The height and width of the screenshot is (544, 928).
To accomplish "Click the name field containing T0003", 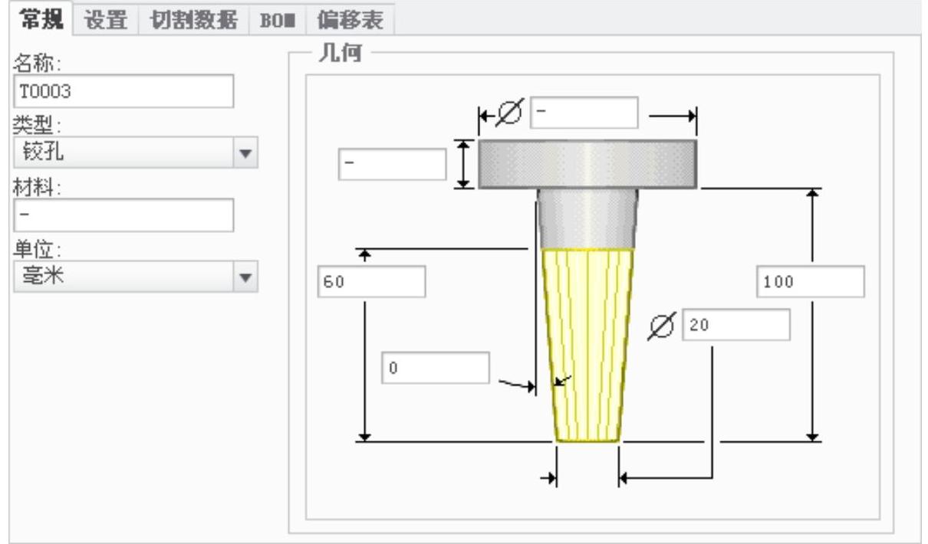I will pyautogui.click(x=123, y=91).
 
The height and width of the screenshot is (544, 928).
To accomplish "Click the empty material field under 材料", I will pyautogui.click(x=123, y=215).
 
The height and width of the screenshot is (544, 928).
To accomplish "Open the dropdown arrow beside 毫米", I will pyautogui.click(x=245, y=277).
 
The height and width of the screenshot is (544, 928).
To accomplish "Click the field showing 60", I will pyautogui.click(x=371, y=281).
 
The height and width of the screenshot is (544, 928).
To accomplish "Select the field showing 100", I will pyautogui.click(x=809, y=281).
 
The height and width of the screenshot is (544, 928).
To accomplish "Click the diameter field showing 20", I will pyautogui.click(x=735, y=325).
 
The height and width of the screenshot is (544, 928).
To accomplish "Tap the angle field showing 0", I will pyautogui.click(x=435, y=368).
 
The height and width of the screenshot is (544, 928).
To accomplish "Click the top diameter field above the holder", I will pyautogui.click(x=584, y=113).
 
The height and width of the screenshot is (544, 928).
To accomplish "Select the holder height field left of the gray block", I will pyautogui.click(x=392, y=164).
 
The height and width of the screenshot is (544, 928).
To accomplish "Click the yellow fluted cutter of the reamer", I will pyautogui.click(x=587, y=345).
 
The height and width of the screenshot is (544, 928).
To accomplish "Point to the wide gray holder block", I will pyautogui.click(x=587, y=163).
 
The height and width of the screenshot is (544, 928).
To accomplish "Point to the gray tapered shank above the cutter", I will pyautogui.click(x=587, y=218).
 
